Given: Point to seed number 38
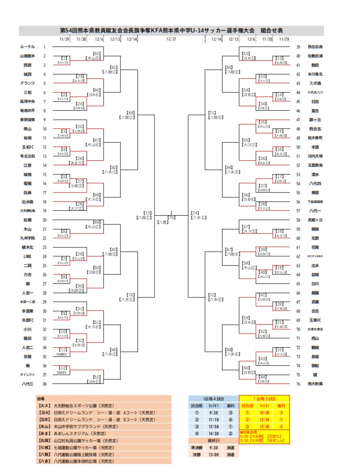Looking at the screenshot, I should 44,384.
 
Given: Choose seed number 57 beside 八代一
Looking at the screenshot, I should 298,211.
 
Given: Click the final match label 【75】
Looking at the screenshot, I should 171,217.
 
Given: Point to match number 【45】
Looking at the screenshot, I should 97,53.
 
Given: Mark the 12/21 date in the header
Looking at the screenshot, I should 171,39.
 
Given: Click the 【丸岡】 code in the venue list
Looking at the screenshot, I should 45,441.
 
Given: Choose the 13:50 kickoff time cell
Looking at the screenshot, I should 264,426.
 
